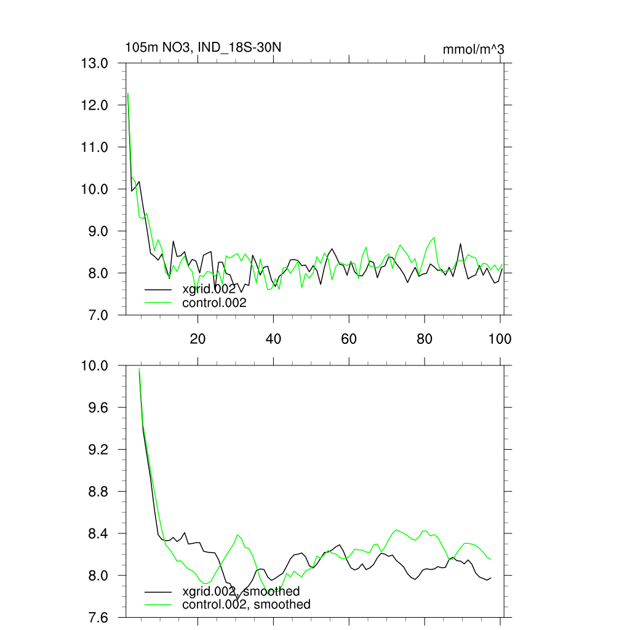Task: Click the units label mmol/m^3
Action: (x=473, y=49)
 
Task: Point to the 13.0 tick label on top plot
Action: (x=95, y=63)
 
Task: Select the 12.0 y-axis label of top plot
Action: (x=95, y=105)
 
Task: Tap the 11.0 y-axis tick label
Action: (x=95, y=147)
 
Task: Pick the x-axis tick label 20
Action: (x=197, y=338)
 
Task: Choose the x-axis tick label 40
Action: (x=273, y=338)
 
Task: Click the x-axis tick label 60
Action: (x=349, y=338)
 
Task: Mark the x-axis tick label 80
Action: (x=425, y=338)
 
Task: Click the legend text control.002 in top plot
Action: (x=214, y=303)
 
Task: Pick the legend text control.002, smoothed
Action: (x=246, y=605)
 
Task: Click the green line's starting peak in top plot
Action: (x=128, y=94)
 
